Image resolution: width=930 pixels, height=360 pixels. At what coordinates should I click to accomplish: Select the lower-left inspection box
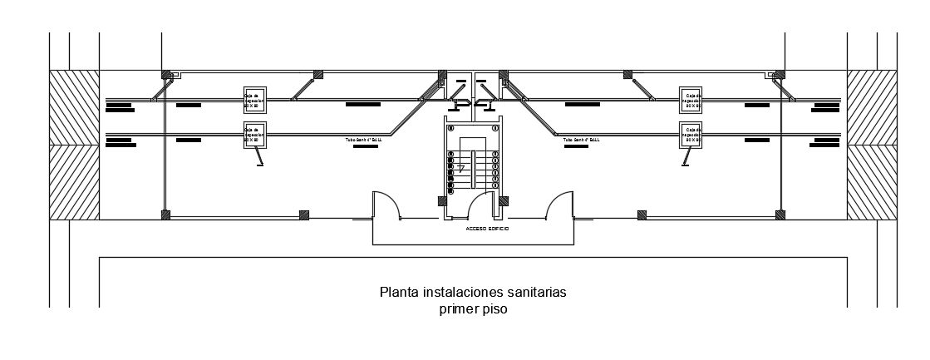[x=253, y=135]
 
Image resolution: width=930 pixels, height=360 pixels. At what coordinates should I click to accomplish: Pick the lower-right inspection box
[x=691, y=135]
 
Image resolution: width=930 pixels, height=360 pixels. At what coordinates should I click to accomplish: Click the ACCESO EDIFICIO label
[x=487, y=228]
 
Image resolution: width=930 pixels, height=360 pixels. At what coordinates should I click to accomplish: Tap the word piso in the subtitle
[x=494, y=309]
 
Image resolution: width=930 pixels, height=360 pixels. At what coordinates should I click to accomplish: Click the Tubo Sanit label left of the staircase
[x=363, y=141]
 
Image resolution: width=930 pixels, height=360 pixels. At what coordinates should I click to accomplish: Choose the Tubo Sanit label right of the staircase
[x=581, y=141]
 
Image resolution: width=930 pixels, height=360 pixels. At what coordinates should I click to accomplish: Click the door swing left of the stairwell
[x=386, y=205]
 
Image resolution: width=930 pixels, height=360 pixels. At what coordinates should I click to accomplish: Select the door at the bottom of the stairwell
[x=483, y=208]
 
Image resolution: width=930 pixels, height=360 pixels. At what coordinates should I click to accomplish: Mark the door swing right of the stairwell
[x=558, y=205]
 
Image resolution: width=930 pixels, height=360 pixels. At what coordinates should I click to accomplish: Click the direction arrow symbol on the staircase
[x=460, y=169]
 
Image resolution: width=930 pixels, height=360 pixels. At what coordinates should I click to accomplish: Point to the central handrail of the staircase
[x=472, y=170]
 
